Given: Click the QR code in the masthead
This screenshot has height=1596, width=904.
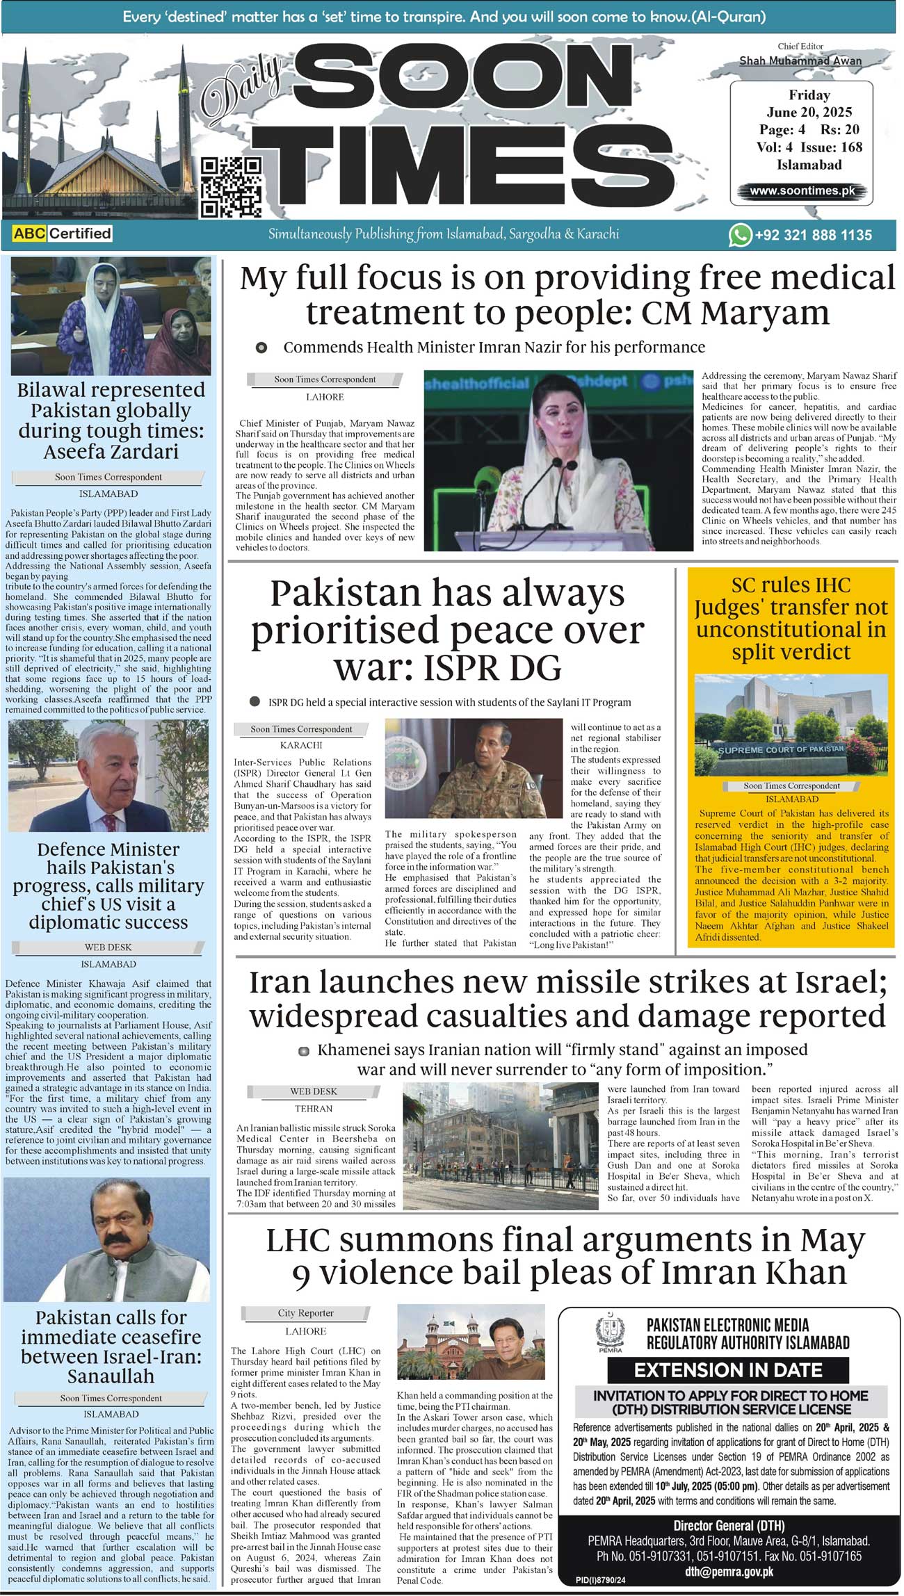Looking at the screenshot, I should (x=230, y=187).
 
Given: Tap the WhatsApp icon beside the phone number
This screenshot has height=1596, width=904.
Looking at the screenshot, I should (x=739, y=235).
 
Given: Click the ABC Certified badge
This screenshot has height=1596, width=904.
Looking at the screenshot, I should (x=63, y=234).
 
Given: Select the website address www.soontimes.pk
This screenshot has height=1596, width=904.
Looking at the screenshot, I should (x=802, y=190).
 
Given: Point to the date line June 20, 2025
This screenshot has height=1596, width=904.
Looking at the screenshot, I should (x=809, y=112).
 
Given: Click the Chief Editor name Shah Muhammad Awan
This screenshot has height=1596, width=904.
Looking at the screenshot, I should (x=800, y=61).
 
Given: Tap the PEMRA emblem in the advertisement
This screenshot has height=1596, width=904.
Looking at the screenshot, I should (x=610, y=1332).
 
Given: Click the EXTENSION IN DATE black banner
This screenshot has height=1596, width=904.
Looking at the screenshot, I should (x=727, y=1370).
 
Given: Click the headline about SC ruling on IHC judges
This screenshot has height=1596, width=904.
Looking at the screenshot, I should (x=791, y=618).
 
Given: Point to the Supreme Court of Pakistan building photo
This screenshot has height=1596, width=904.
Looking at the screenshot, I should (x=791, y=725).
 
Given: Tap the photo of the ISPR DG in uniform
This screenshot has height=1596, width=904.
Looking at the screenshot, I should (x=473, y=768).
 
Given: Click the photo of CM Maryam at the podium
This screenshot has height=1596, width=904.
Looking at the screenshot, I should (x=558, y=460).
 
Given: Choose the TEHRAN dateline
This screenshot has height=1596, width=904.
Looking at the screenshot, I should (x=314, y=1109).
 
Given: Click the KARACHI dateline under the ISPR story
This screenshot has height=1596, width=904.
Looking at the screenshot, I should (x=301, y=744).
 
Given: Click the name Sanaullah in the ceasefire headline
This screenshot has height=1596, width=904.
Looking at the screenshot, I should (x=111, y=1376).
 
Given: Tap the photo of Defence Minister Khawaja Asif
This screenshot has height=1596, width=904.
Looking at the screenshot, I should (x=108, y=775).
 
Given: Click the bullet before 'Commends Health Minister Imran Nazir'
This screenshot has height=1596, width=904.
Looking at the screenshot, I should (x=261, y=348).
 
